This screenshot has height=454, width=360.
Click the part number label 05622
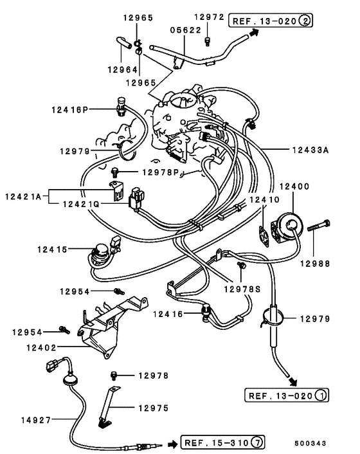(185, 30)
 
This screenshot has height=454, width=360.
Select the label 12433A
(310, 150)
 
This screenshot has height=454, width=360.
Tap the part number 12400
(294, 186)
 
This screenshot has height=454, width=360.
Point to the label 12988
(315, 264)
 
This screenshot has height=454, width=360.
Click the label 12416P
(69, 110)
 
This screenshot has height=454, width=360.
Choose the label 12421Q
(81, 204)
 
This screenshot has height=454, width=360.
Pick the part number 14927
(36, 420)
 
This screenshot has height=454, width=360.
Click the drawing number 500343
(310, 443)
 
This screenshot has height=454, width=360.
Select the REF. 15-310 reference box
(222, 442)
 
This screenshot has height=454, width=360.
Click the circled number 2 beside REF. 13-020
(305, 21)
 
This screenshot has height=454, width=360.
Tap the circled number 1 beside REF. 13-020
(320, 395)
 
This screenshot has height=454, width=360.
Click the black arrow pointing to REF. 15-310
(172, 444)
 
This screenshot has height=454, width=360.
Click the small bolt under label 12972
(207, 41)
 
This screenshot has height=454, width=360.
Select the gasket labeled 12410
(264, 236)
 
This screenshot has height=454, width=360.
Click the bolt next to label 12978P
(115, 172)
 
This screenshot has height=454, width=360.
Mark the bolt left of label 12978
(114, 376)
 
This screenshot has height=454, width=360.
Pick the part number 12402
(41, 347)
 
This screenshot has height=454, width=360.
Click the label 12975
(154, 408)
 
